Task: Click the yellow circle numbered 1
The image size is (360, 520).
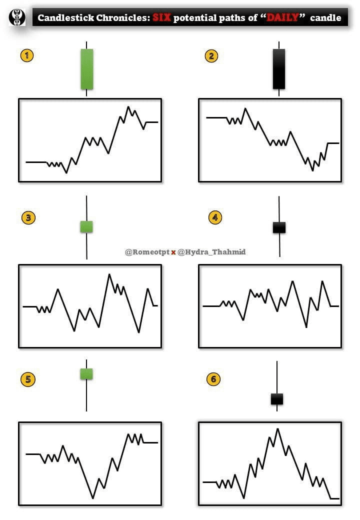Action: [26, 55]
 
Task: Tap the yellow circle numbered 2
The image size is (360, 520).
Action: [211, 55]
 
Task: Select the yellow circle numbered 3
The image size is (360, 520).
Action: [28, 217]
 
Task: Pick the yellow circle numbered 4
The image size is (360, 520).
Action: [215, 217]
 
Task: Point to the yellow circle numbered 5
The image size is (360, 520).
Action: [28, 379]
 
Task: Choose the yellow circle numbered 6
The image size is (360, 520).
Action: [213, 379]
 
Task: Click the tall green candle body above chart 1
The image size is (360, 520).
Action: [87, 69]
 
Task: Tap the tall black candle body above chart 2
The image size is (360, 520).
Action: [279, 69]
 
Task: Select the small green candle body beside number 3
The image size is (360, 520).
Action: [87, 226]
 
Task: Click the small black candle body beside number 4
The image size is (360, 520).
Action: [279, 227]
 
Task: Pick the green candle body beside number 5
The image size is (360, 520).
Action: [86, 373]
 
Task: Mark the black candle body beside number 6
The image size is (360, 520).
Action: [277, 399]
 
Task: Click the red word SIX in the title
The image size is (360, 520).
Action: [162, 18]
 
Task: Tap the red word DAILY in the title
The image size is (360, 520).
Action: [282, 18]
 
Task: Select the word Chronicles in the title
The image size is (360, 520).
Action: [121, 18]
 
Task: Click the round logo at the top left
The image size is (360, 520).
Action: [17, 18]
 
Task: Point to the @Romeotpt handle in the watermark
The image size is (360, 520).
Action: [146, 252]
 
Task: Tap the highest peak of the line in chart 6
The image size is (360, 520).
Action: [277, 428]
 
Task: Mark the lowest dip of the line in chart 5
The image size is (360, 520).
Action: [92, 498]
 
